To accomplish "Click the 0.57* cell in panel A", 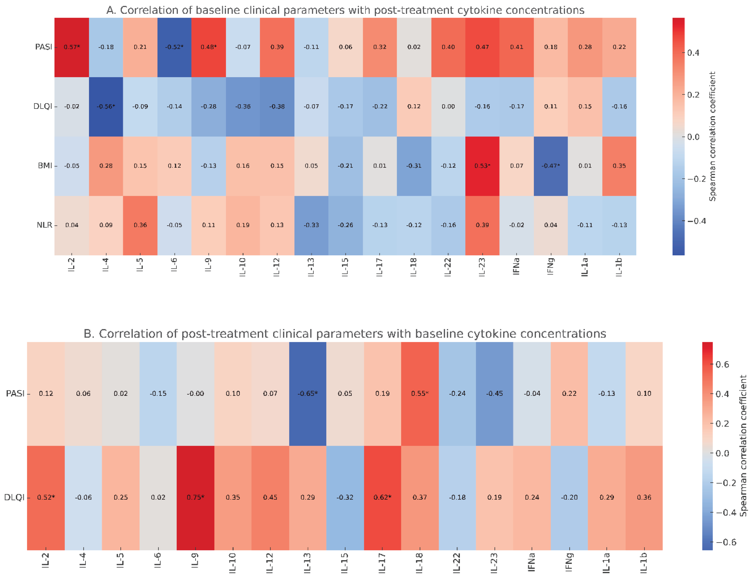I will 71,47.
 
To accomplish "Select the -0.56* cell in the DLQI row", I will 106,106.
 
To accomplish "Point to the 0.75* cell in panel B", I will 195,497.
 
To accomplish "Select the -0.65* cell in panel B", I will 307,393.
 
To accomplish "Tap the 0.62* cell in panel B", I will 382,497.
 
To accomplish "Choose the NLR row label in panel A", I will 44,225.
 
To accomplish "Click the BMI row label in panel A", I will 45,166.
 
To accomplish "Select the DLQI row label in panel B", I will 14,497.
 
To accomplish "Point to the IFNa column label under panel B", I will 532,562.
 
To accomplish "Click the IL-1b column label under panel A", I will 619,267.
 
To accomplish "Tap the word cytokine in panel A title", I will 481,10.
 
